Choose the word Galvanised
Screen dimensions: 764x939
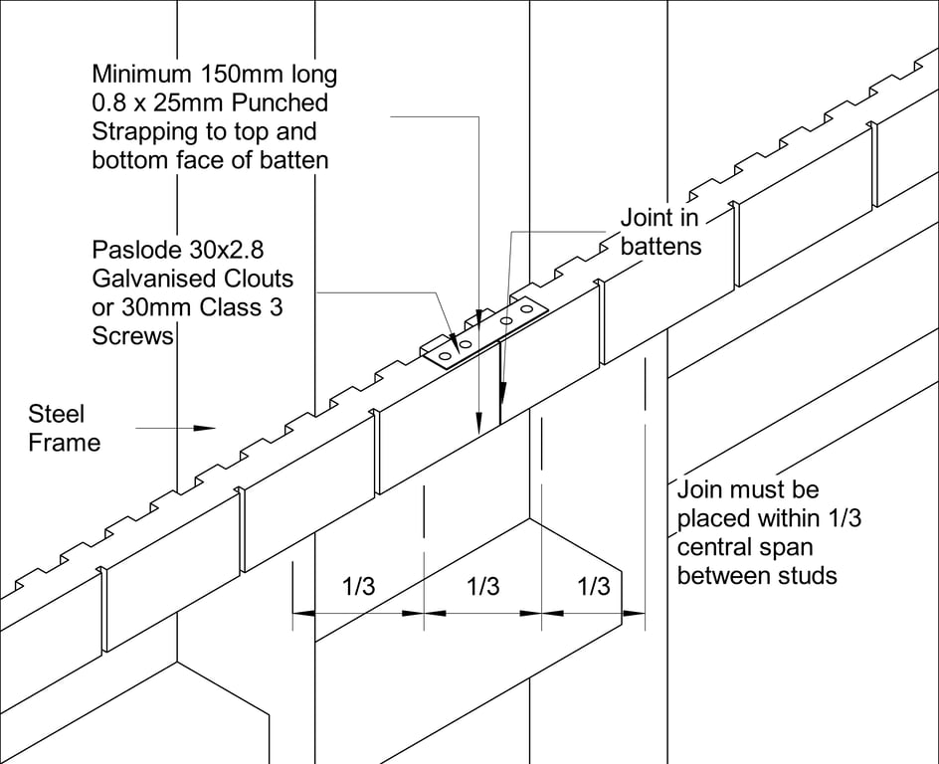pyautogui.click(x=148, y=279)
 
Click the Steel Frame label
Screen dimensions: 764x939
pyautogui.click(x=64, y=428)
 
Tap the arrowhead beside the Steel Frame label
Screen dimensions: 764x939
pyautogui.click(x=205, y=428)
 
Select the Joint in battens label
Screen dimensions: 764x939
pyautogui.click(x=660, y=231)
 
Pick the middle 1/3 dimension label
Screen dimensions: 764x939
pyautogui.click(x=482, y=587)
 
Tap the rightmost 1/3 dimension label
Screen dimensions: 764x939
pyautogui.click(x=593, y=587)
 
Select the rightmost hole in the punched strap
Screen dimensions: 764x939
pyautogui.click(x=527, y=311)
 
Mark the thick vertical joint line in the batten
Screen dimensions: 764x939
pyautogui.click(x=499, y=378)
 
